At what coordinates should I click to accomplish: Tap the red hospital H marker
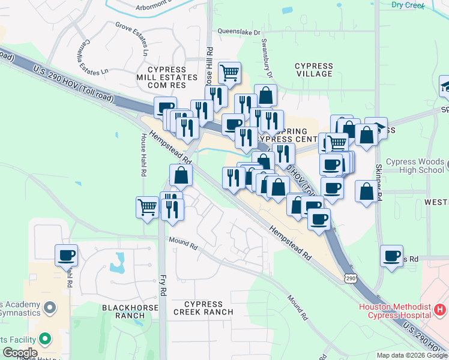pos(441,310)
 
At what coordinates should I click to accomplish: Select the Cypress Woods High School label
pos(415,166)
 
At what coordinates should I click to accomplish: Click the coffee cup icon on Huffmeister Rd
pos(67,255)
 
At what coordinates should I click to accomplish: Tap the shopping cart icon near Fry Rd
pos(147,207)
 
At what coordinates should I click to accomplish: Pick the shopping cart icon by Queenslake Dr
pos(229,73)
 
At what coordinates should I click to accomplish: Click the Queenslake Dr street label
pos(239,32)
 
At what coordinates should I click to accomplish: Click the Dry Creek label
pos(408,5)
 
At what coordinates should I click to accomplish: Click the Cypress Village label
pos(313,70)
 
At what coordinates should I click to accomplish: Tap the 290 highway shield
pos(351,278)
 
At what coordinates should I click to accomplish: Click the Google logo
pos(20,353)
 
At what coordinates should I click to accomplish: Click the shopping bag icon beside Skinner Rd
pos(366,192)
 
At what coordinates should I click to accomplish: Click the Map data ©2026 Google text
pos(411,355)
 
